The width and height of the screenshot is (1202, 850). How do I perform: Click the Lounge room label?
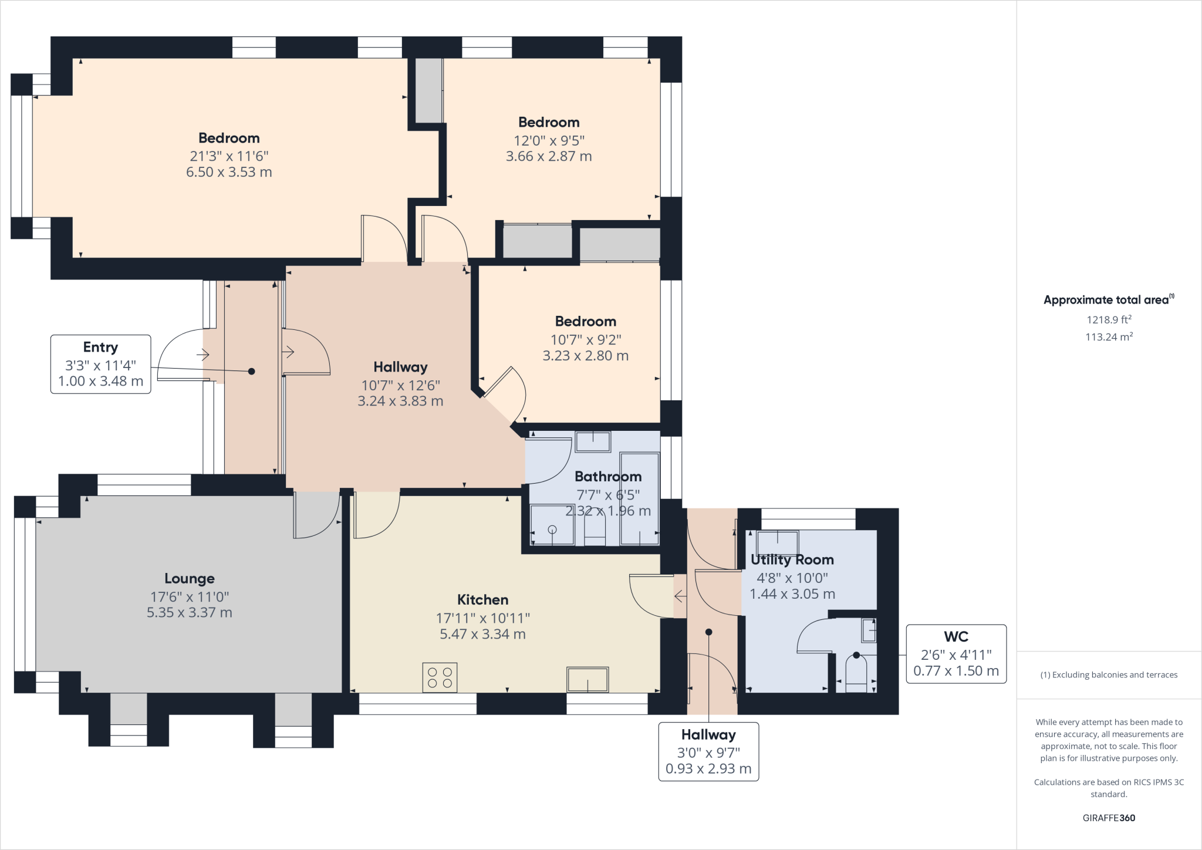(189, 578)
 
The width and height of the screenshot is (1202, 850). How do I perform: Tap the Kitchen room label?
(482, 599)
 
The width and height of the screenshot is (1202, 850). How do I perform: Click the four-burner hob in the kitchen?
(440, 677)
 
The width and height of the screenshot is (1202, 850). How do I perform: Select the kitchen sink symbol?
(587, 680)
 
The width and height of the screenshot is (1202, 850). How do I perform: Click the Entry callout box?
(100, 364)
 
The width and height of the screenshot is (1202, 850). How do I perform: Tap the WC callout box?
(955, 653)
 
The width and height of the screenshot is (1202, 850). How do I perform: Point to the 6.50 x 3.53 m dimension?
(229, 172)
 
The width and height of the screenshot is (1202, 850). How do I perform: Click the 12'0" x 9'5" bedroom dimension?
(549, 140)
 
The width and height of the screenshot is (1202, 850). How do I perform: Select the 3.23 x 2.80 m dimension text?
(585, 356)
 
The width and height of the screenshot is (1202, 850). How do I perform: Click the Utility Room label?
(792, 559)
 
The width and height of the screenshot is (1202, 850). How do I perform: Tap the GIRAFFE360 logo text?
(1108, 818)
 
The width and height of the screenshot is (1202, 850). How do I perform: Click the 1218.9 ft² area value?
(1108, 320)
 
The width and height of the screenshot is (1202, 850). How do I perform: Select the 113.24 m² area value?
(1108, 337)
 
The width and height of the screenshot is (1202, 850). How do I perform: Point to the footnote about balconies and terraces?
(1108, 674)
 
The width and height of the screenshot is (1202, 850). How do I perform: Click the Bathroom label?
(607, 476)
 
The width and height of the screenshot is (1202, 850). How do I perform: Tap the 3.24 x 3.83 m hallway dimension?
(400, 402)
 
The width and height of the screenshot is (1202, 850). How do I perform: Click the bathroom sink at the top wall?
(593, 441)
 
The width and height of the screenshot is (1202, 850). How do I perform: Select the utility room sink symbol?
(778, 542)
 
